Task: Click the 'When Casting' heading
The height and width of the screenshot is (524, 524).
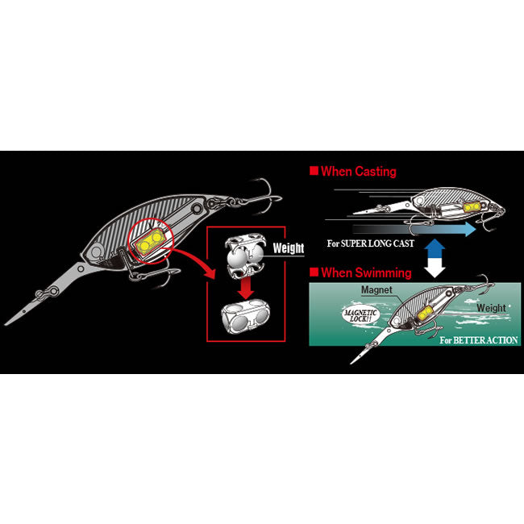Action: click(359, 172)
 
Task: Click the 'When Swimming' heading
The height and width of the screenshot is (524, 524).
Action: click(366, 272)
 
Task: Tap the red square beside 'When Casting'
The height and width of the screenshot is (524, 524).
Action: click(314, 171)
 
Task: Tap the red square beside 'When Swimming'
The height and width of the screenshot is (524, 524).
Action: click(314, 272)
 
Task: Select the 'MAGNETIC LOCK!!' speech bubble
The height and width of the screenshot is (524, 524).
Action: click(361, 314)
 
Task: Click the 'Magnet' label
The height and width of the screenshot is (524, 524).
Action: click(376, 290)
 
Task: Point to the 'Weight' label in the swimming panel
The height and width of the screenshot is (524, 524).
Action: click(491, 308)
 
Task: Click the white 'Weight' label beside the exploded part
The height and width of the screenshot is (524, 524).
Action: click(289, 248)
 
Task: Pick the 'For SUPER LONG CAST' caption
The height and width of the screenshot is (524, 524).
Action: click(370, 243)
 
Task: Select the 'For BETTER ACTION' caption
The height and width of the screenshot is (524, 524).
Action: click(479, 340)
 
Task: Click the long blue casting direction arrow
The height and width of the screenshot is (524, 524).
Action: click(414, 229)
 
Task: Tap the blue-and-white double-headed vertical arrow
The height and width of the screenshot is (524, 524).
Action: click(435, 258)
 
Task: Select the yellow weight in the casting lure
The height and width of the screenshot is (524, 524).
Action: click(472, 207)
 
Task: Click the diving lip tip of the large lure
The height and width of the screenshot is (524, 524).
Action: click(6, 323)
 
